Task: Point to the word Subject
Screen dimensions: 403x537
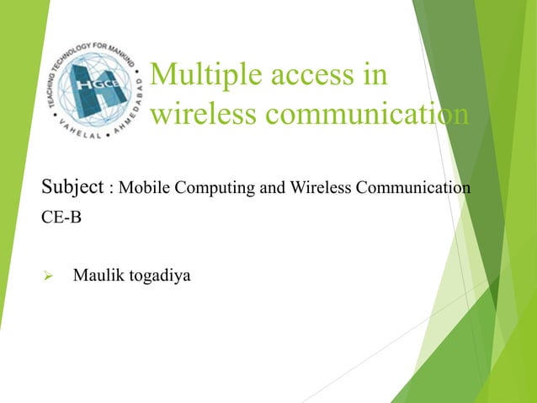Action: pyautogui.click(x=72, y=186)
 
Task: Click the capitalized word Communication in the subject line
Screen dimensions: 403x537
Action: pyautogui.click(x=412, y=186)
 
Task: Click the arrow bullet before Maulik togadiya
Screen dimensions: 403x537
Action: pyautogui.click(x=47, y=275)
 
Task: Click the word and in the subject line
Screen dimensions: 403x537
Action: pyautogui.click(x=271, y=186)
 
